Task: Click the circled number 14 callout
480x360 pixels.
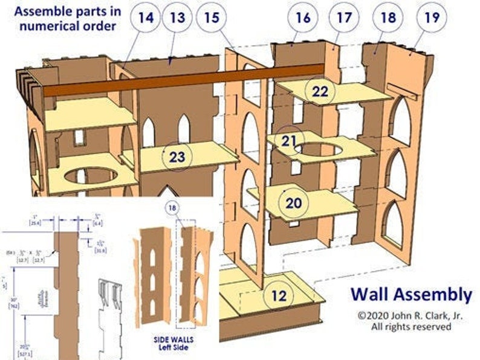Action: (x=145, y=18)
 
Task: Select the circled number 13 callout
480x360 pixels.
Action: (x=177, y=18)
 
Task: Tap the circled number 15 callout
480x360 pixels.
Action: (x=212, y=18)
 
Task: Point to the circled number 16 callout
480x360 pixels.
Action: (x=303, y=18)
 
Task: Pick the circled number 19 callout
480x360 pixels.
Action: (x=430, y=18)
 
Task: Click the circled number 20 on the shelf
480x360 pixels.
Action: (x=294, y=203)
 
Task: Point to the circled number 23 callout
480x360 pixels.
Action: (x=177, y=157)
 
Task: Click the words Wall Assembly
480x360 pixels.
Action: (x=411, y=294)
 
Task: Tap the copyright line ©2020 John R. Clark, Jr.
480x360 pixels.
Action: (x=410, y=315)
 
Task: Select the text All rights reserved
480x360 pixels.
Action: (x=410, y=327)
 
